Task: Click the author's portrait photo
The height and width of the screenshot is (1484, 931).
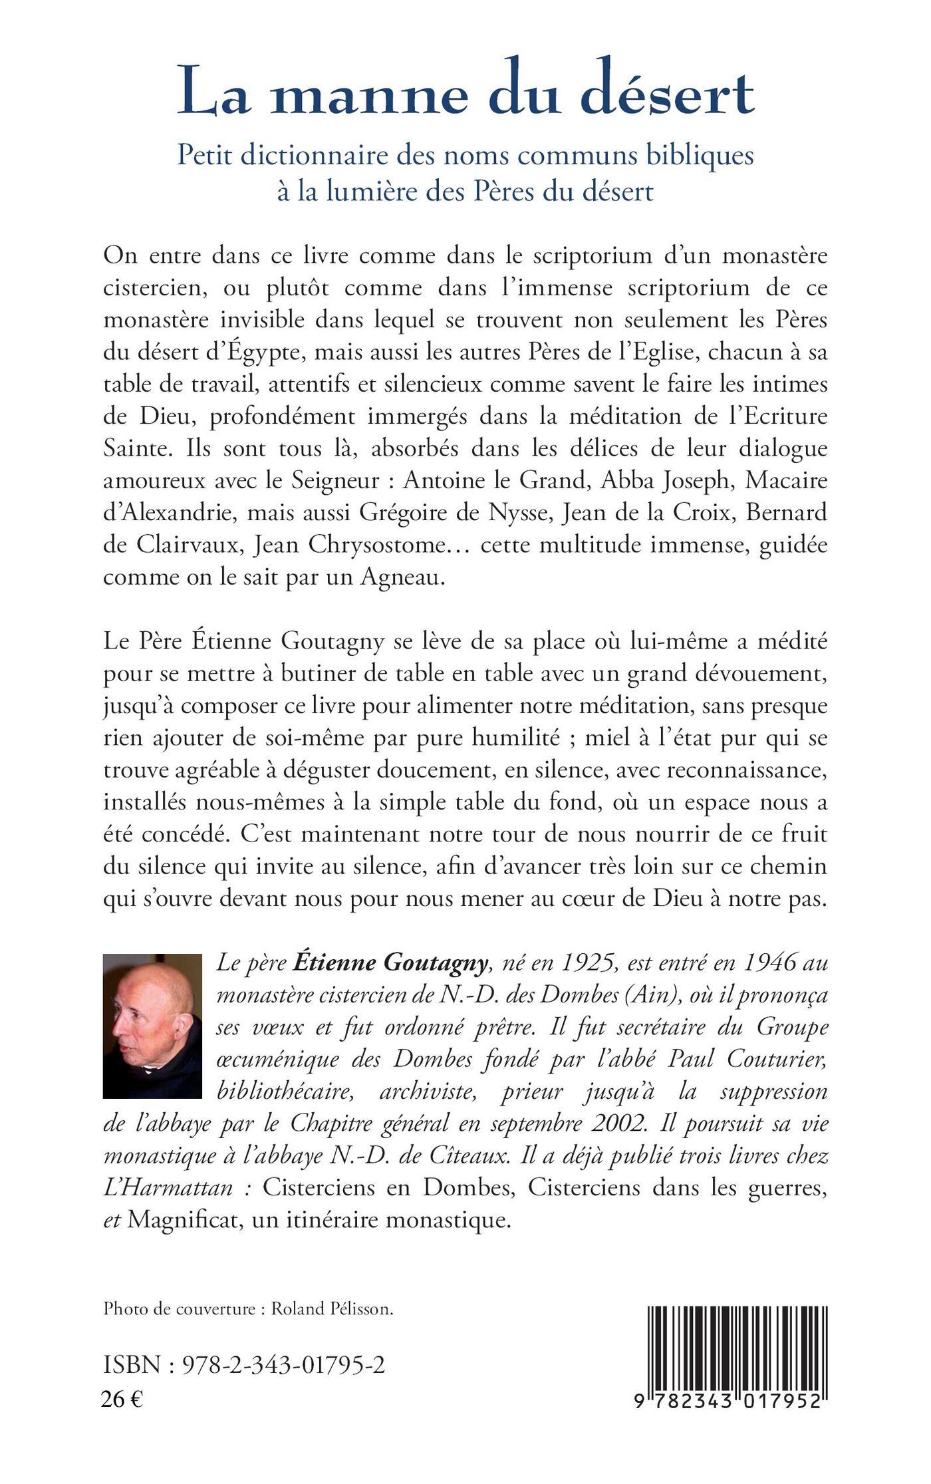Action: point(152,1026)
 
